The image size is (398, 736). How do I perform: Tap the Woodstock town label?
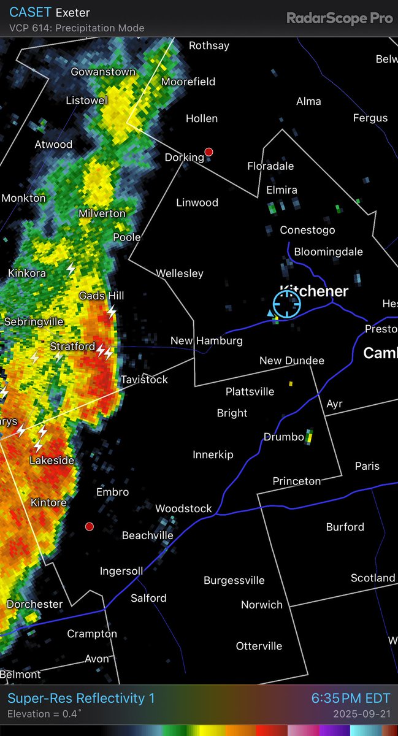(183, 508)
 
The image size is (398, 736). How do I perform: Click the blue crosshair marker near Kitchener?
(286, 304)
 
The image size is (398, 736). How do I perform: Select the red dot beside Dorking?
(209, 151)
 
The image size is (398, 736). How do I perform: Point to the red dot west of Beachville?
(90, 526)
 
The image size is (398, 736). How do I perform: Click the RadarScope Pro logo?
(339, 18)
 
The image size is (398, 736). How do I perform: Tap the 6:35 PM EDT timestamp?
(350, 698)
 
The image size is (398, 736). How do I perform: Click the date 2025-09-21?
(362, 714)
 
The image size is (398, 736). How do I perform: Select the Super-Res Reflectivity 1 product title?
(81, 698)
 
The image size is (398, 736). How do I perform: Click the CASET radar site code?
(30, 12)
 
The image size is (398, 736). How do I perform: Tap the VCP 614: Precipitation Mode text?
(77, 28)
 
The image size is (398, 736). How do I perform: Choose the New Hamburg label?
(207, 340)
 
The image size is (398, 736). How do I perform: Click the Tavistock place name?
(144, 380)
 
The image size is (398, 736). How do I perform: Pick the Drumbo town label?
(284, 437)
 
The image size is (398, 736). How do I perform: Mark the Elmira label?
(281, 190)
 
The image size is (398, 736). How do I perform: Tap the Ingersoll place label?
(121, 571)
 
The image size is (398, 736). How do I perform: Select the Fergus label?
(370, 118)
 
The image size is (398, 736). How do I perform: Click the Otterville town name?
(259, 646)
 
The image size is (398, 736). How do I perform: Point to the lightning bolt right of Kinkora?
(71, 269)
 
